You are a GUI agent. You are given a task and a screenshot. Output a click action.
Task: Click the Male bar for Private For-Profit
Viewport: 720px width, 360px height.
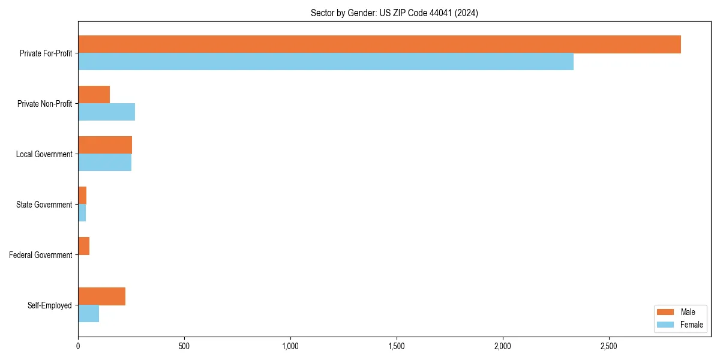click(379, 44)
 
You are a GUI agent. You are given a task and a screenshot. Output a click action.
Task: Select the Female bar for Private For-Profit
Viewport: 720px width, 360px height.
click(326, 62)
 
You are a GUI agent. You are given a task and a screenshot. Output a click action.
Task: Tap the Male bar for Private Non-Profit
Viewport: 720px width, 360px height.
click(94, 95)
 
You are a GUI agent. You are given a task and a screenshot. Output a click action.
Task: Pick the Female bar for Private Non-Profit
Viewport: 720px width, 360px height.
click(106, 112)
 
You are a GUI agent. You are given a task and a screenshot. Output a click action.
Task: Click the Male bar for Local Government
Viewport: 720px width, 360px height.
click(105, 145)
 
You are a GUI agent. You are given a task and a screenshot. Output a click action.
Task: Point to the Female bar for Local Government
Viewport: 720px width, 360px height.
click(104, 163)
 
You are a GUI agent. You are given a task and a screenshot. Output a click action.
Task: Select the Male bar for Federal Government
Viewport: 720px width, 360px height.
click(83, 246)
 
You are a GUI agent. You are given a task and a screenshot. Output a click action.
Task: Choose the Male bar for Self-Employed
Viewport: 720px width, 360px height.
click(101, 296)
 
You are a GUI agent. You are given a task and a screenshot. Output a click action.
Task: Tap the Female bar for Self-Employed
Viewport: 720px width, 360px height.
click(88, 314)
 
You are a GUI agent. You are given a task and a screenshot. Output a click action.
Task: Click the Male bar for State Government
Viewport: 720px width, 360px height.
click(82, 196)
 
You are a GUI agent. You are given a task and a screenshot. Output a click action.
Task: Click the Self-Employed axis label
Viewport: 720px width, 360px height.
click(49, 305)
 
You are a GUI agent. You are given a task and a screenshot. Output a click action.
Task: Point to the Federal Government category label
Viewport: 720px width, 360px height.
click(40, 255)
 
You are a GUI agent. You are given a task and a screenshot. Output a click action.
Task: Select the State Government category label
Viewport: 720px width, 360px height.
click(44, 205)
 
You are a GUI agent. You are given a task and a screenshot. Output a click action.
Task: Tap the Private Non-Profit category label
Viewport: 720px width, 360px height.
click(44, 104)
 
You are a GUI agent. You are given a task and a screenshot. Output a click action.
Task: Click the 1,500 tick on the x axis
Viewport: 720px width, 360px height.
click(397, 346)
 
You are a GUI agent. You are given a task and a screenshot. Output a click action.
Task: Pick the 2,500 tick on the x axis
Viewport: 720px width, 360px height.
click(608, 346)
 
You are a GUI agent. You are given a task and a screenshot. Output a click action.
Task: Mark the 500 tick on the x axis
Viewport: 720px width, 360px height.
click(184, 346)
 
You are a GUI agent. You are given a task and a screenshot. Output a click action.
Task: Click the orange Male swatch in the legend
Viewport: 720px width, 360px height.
click(666, 312)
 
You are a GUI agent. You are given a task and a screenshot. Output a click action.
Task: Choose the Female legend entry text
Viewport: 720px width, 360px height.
click(691, 325)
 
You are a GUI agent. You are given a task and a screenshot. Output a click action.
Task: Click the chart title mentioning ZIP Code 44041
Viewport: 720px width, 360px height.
click(394, 13)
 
